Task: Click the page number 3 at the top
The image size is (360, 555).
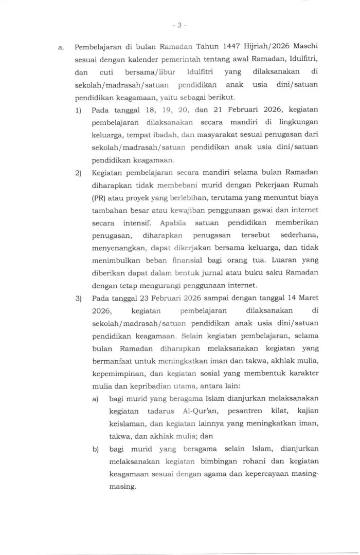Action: click(x=180, y=24)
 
